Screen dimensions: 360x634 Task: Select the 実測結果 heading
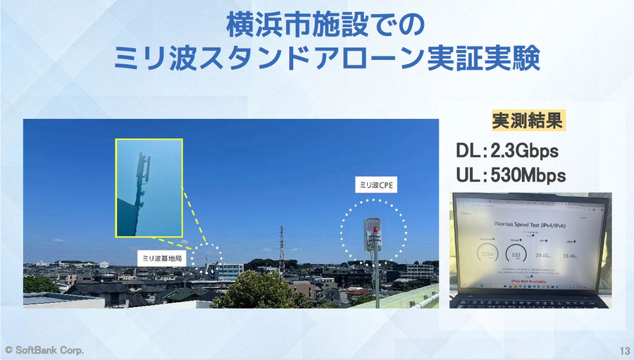click(x=528, y=120)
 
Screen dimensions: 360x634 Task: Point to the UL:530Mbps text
click(x=511, y=175)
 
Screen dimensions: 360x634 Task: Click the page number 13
click(x=623, y=350)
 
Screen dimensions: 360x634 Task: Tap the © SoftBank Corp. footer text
click(x=44, y=350)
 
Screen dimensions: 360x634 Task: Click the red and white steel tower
click(x=281, y=248)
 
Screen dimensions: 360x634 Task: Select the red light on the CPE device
click(x=376, y=229)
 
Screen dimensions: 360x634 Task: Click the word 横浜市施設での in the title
click(x=325, y=27)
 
